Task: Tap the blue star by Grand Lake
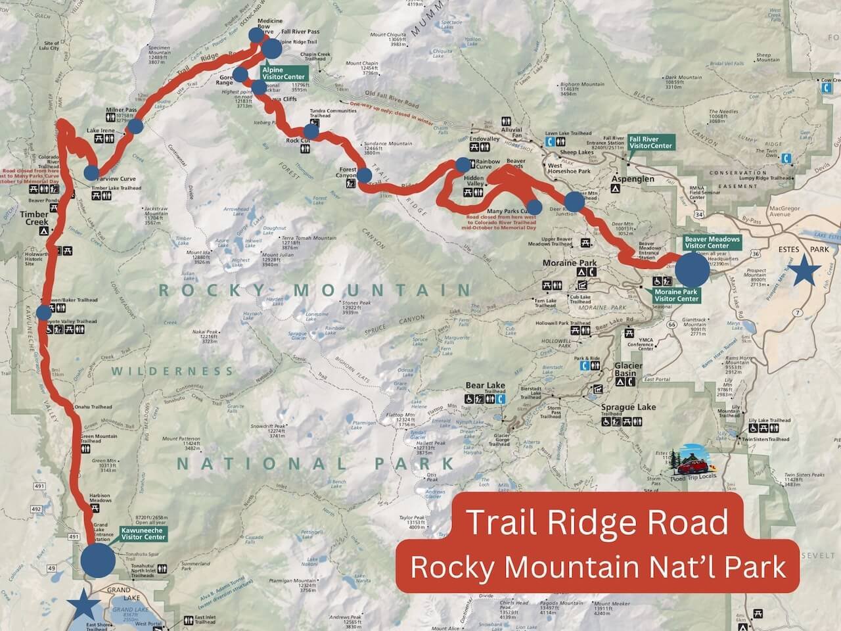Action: (87, 605)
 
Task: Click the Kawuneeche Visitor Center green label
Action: (143, 533)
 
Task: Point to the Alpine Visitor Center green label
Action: (283, 72)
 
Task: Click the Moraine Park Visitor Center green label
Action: (676, 294)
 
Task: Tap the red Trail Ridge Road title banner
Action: (598, 523)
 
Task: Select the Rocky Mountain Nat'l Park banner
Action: (598, 567)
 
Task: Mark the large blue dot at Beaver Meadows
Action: (693, 269)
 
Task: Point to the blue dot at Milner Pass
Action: (135, 127)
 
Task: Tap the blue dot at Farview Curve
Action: (91, 174)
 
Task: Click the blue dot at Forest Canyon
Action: (364, 175)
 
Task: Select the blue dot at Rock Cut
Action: (311, 131)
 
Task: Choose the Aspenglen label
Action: (635, 178)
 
